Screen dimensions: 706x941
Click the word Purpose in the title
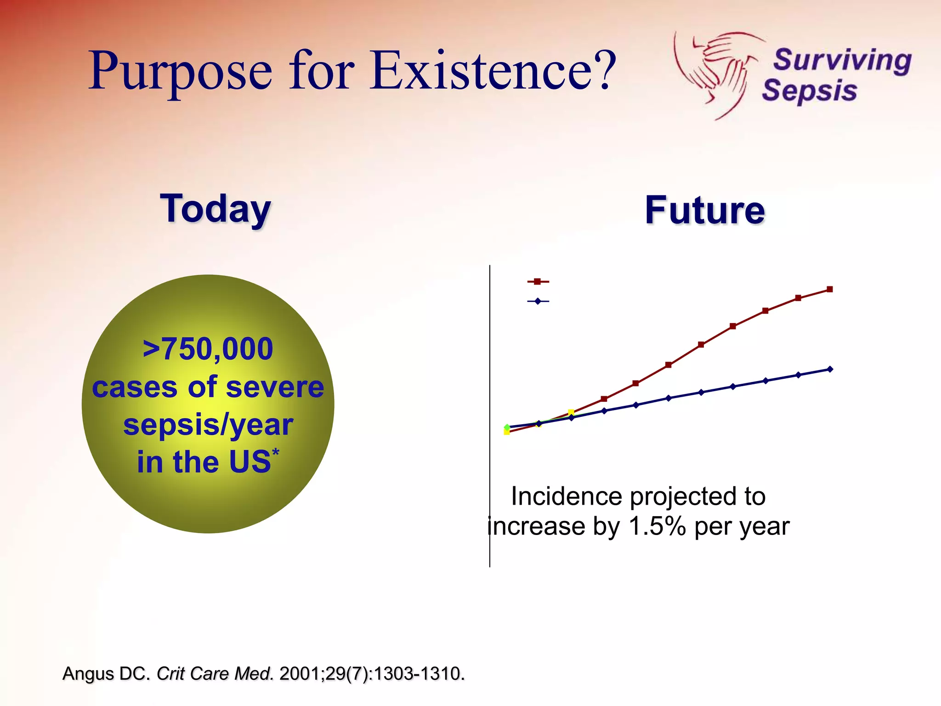[x=180, y=71]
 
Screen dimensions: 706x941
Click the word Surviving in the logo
[x=842, y=60]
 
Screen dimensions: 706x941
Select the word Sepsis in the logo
[x=810, y=91]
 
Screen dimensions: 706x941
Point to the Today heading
[x=215, y=209]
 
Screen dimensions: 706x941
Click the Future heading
[x=705, y=211]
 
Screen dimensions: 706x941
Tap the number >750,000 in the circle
[x=208, y=349]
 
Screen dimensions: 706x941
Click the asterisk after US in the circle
[x=276, y=452]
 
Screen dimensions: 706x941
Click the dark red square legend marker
[x=537, y=281]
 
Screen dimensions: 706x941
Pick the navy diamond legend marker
[x=537, y=302]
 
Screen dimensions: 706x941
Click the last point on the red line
[x=829, y=289]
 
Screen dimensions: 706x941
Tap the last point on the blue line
[x=830, y=369]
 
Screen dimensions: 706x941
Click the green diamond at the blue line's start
[x=507, y=427]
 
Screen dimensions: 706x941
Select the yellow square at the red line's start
[x=507, y=432]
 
